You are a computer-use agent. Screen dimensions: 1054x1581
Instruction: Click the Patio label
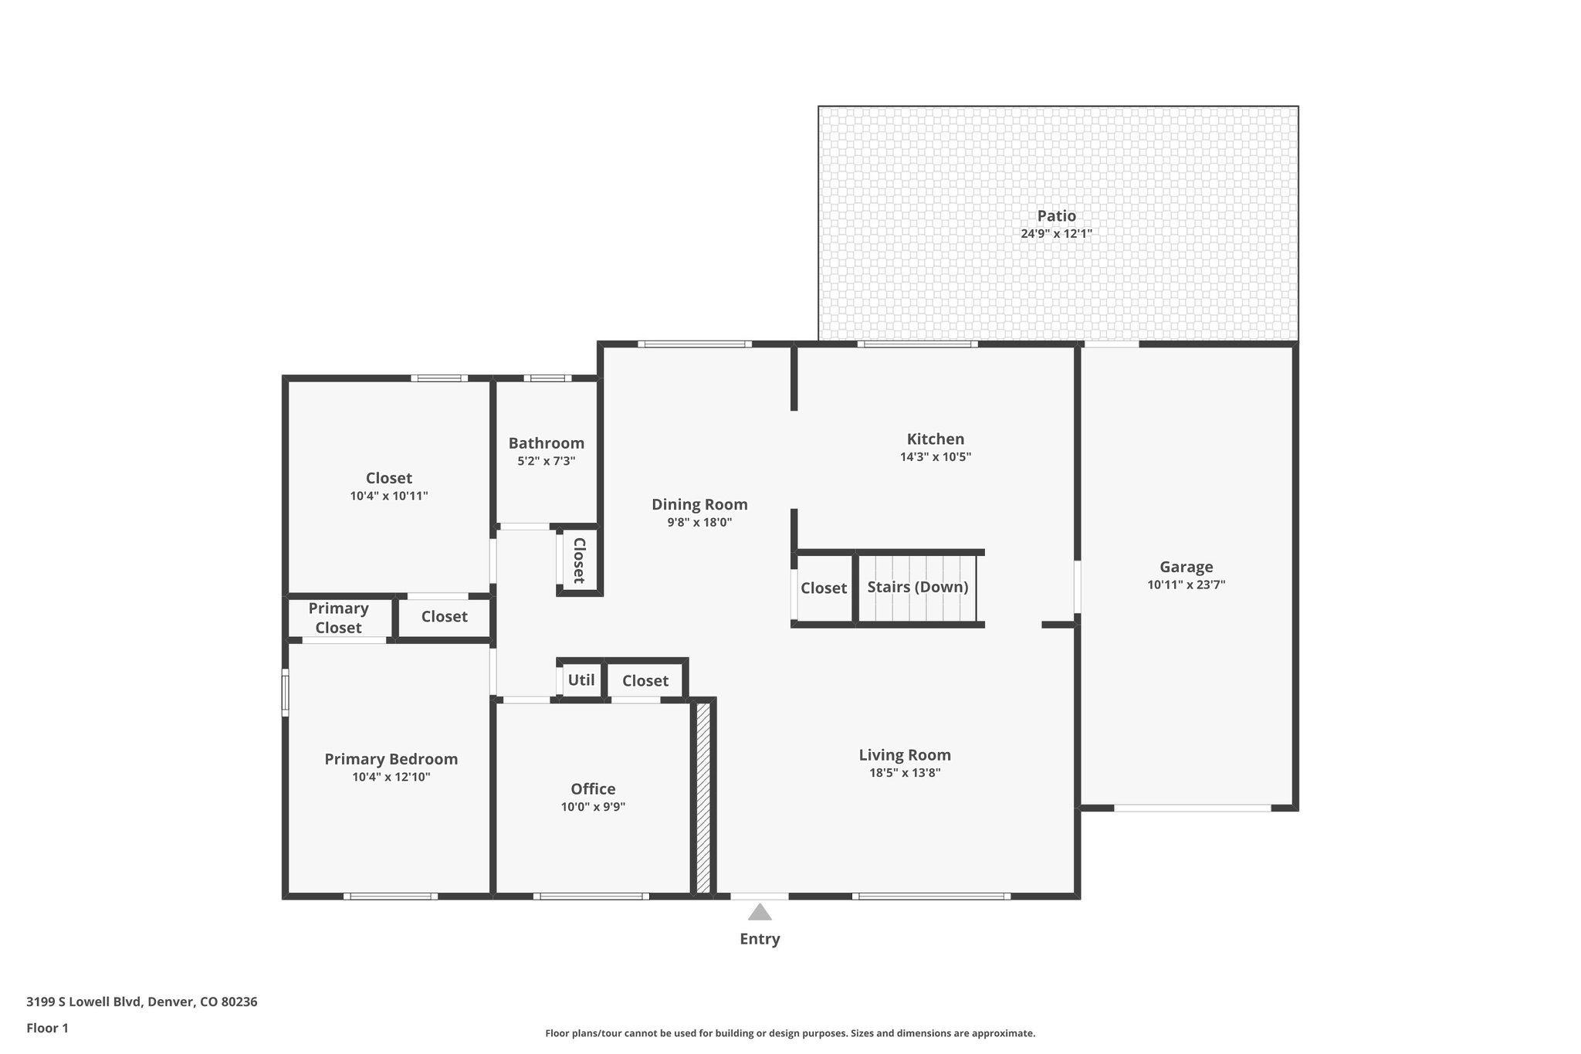[x=1056, y=216]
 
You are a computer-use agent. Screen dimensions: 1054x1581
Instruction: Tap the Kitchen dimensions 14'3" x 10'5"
[x=935, y=457]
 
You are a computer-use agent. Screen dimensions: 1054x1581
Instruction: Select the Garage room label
[x=1186, y=567]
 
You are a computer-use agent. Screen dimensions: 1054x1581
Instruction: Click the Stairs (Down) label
[x=917, y=587]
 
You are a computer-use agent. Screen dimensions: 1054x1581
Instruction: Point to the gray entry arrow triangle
[x=760, y=913]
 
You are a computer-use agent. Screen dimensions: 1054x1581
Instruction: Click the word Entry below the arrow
[x=760, y=939]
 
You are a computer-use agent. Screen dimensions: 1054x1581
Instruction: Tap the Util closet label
[x=581, y=680]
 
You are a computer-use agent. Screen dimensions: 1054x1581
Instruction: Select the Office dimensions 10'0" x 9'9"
[x=593, y=807]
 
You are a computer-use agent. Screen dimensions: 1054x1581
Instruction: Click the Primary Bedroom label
[x=391, y=759]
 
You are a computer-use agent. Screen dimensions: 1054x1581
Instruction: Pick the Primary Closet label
[x=338, y=618]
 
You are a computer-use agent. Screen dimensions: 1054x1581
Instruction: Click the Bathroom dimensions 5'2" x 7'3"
[x=546, y=461]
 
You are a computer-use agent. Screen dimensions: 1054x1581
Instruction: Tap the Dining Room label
[x=699, y=504]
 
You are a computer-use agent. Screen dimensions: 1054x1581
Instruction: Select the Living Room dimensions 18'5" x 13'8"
[x=905, y=773]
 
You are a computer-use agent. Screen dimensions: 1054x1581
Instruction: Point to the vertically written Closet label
[x=579, y=561]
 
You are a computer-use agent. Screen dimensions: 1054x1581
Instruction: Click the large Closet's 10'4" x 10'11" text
[x=388, y=496]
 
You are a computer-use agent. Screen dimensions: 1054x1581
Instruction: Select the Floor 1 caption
[x=47, y=1028]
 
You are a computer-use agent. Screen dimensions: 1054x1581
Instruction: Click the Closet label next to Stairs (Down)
[x=823, y=588]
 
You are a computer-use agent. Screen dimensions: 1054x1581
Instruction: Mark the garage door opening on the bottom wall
[x=1192, y=808]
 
